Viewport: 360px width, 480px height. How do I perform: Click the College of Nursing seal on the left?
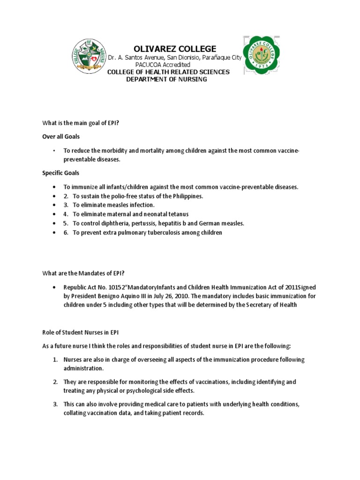pyautogui.click(x=89, y=56)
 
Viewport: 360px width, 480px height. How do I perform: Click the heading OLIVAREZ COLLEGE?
pyautogui.click(x=175, y=49)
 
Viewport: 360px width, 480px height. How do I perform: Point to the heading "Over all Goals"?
pyautogui.click(x=61, y=136)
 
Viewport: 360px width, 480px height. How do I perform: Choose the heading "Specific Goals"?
pyautogui.click(x=61, y=173)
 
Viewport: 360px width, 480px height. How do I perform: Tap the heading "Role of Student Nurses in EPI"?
pyautogui.click(x=78, y=332)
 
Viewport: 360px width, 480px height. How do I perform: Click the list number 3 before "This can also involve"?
pyautogui.click(x=55, y=404)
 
